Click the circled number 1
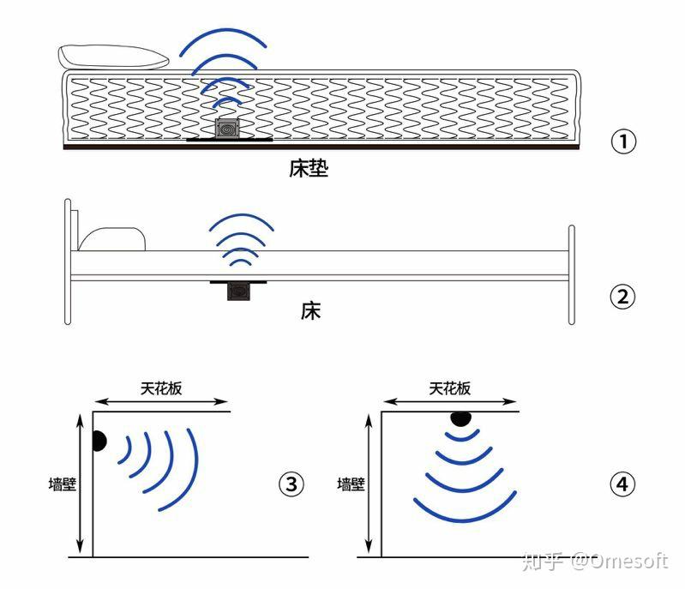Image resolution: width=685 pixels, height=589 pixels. tap(623, 141)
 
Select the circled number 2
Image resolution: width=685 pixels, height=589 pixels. tap(622, 297)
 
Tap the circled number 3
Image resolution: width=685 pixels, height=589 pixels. tap(291, 484)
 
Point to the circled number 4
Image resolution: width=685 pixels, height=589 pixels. tap(622, 484)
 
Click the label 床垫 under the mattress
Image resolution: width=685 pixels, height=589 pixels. tap(309, 168)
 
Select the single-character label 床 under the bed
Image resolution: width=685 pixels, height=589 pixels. tap(310, 310)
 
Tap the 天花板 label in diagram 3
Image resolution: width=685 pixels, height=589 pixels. tap(161, 388)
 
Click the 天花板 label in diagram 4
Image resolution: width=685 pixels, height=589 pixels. tap(449, 388)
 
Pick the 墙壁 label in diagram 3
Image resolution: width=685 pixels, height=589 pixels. tap(63, 484)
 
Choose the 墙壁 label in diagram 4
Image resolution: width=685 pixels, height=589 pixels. tap(351, 484)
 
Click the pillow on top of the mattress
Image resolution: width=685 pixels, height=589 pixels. tap(113, 57)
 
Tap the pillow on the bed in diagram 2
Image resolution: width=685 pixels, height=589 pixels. tap(112, 239)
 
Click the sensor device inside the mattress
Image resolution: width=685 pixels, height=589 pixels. tap(227, 129)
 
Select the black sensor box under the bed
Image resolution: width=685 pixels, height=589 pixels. tap(238, 291)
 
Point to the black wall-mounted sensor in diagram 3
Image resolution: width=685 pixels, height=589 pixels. tap(99, 441)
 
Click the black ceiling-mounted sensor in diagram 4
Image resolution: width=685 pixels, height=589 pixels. tap(461, 418)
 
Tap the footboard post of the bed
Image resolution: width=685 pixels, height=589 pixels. tap(572, 275)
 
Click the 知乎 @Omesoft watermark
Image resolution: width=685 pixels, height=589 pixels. tap(595, 562)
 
